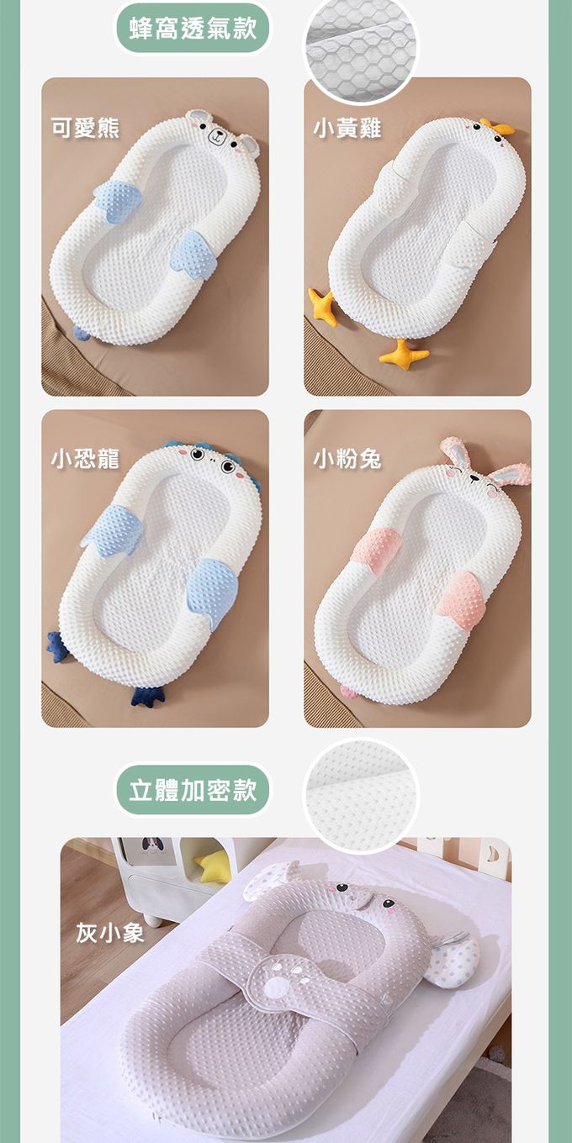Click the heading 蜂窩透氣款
tap(193, 28)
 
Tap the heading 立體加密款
tap(193, 790)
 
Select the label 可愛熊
tap(85, 128)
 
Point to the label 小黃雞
tap(347, 128)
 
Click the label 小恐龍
tap(85, 459)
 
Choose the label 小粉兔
tap(347, 459)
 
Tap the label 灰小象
tap(110, 933)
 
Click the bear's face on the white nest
tap(220, 134)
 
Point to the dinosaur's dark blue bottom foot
tap(146, 696)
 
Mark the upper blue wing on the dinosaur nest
tap(113, 529)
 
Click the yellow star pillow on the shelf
tap(213, 866)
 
